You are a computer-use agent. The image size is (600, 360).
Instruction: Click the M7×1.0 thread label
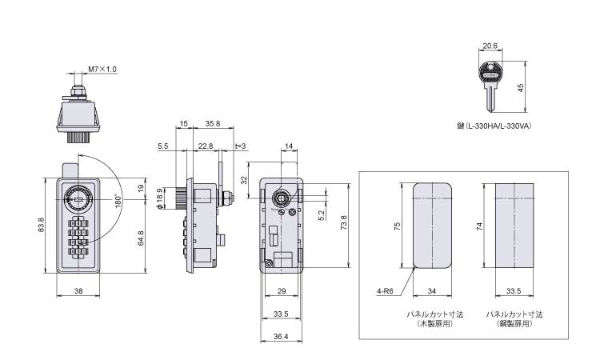coord(102,70)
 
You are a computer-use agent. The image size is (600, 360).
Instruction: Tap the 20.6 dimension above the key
coord(490,46)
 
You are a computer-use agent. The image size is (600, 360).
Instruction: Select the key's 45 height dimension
coord(521,88)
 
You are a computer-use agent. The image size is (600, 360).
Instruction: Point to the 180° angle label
coord(118,201)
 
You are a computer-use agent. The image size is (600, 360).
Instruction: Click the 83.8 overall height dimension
coord(42,225)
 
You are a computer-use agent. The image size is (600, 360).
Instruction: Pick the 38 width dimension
coord(78,291)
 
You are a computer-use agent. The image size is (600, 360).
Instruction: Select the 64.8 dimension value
coord(141,238)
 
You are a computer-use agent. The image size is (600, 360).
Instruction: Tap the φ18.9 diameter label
coord(160,198)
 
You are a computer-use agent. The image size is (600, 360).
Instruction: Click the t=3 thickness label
coord(240,146)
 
